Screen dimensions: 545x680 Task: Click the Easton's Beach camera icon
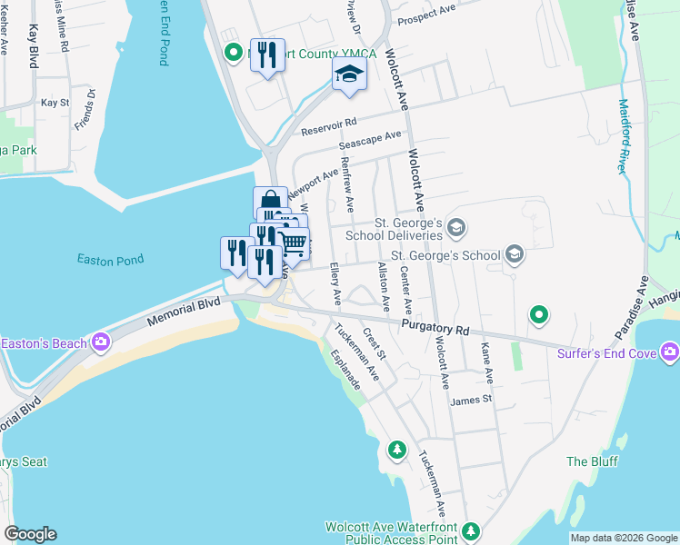click(100, 342)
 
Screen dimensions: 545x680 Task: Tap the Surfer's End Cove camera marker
click(670, 351)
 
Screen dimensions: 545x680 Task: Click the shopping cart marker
click(293, 243)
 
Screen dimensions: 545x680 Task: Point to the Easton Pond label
click(105, 261)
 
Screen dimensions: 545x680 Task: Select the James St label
click(470, 398)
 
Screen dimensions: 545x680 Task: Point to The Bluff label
click(592, 461)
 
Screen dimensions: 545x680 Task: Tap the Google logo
click(30, 534)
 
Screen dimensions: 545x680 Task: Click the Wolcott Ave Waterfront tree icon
click(470, 530)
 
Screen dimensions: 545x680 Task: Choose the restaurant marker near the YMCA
click(267, 55)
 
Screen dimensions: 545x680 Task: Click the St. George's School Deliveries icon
click(456, 227)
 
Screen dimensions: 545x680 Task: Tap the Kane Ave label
click(488, 361)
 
